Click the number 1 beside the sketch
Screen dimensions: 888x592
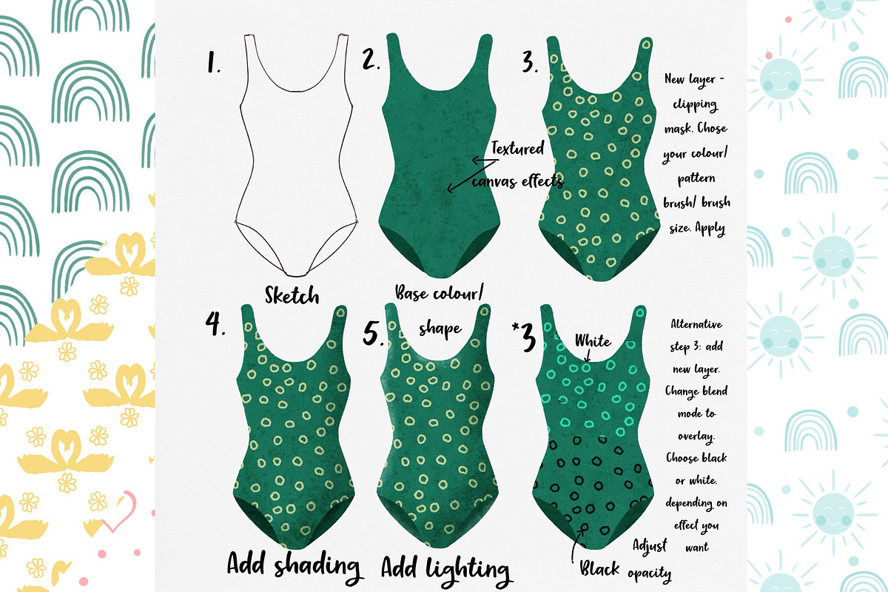coord(213,63)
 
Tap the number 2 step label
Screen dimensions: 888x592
coord(371,59)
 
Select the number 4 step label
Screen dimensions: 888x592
coord(215,323)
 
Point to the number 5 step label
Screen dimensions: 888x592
coord(373,333)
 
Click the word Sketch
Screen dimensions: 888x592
coord(292,295)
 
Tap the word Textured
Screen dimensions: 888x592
coord(518,148)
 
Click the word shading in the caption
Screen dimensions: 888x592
coord(317,567)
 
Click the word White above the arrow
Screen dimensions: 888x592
coord(593,341)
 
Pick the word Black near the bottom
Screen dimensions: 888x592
coord(599,568)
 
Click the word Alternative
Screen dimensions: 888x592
coord(696,324)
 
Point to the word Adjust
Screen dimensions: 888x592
coord(650,546)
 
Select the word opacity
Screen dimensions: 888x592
coord(650,573)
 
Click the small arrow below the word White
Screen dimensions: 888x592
coord(588,356)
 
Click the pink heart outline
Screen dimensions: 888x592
coord(120,511)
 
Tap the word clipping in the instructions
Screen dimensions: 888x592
coord(695,104)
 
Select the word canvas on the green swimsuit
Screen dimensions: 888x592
coord(495,181)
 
